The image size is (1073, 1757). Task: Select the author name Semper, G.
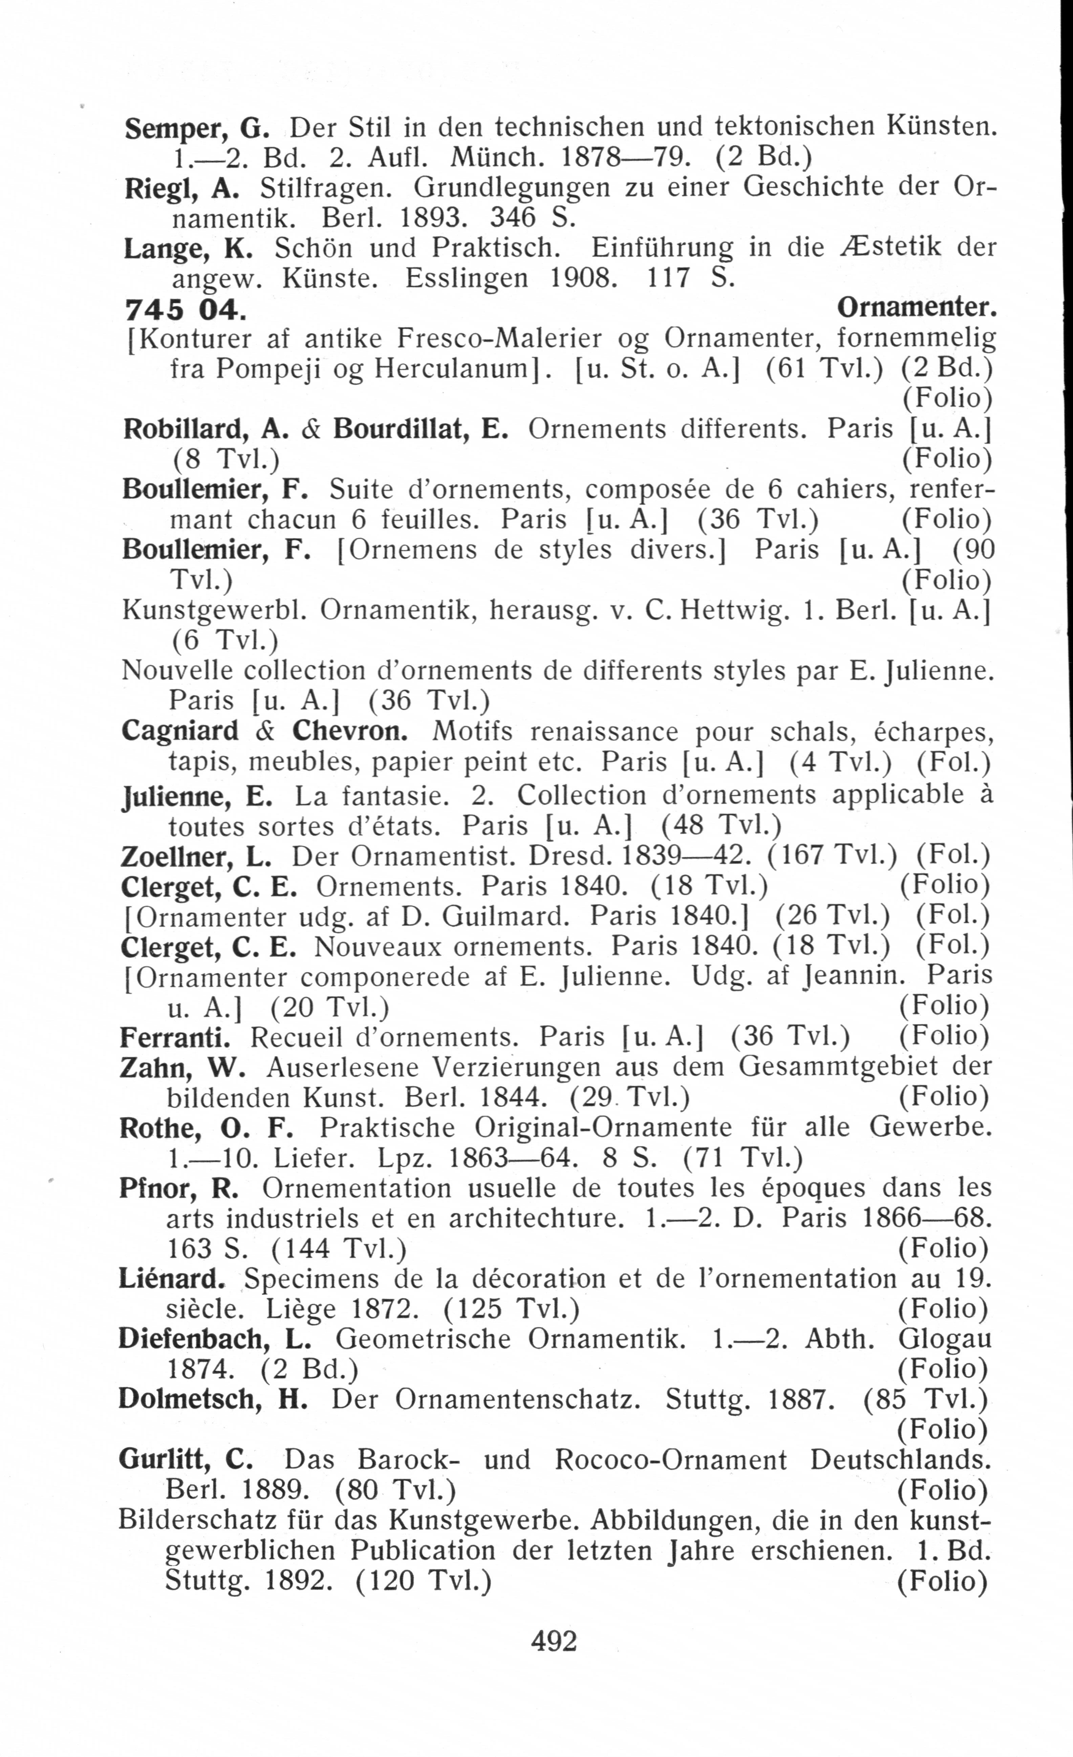(x=196, y=129)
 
